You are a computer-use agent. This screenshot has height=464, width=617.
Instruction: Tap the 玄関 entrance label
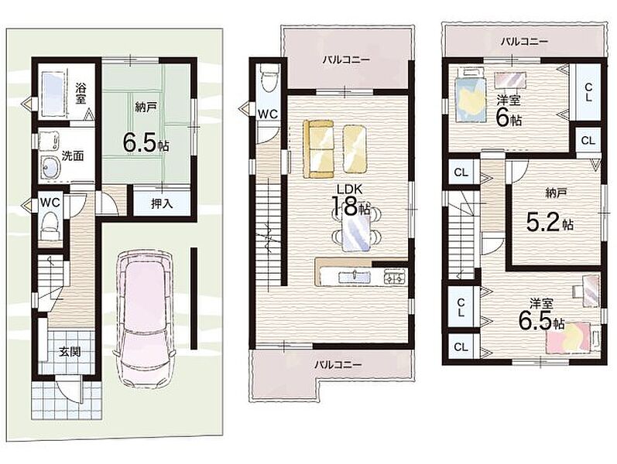[70, 352]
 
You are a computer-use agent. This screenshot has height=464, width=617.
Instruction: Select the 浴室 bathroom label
[81, 93]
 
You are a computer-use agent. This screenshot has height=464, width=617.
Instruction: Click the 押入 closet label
[162, 204]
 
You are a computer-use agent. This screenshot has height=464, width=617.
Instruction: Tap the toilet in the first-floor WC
[50, 225]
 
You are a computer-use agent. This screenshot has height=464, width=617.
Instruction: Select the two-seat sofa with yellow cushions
[319, 149]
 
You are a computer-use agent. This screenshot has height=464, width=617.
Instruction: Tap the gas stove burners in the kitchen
[395, 276]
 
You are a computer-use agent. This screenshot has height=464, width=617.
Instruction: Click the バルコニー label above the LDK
[346, 60]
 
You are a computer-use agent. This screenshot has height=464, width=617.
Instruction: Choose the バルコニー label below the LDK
[338, 364]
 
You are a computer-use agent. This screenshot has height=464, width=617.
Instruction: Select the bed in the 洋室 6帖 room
[469, 95]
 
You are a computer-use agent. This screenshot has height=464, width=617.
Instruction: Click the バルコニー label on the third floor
[524, 42]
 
